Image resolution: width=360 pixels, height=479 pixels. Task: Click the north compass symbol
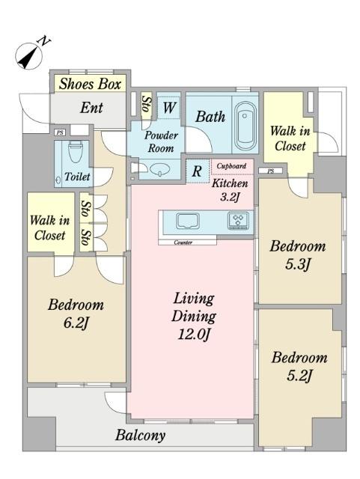click(x=30, y=55)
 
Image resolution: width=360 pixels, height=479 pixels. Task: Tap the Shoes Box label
click(x=90, y=84)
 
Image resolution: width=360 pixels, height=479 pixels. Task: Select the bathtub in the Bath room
click(x=245, y=126)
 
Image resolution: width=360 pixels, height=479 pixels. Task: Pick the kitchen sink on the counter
click(x=188, y=221)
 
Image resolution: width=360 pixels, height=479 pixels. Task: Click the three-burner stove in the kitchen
click(x=238, y=221)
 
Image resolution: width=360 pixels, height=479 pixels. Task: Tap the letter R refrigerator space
click(x=197, y=171)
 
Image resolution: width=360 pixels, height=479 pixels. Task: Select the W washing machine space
click(x=170, y=108)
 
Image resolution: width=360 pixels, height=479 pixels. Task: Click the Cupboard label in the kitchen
click(x=231, y=166)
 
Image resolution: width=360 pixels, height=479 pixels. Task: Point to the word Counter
click(x=183, y=242)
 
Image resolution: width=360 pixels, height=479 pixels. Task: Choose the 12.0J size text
click(x=194, y=334)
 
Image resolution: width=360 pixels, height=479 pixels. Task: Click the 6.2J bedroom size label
click(x=76, y=323)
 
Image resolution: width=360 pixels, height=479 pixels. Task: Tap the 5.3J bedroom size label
click(x=298, y=264)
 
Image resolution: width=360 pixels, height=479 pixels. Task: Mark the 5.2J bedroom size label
click(x=299, y=376)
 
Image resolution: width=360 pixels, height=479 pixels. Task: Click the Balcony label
click(x=140, y=435)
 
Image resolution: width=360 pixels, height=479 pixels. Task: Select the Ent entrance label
click(x=91, y=108)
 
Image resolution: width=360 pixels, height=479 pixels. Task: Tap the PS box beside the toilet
click(x=60, y=133)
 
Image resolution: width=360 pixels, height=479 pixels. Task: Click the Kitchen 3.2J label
click(x=230, y=190)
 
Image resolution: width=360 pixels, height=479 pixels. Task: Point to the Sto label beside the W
click(x=147, y=105)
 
